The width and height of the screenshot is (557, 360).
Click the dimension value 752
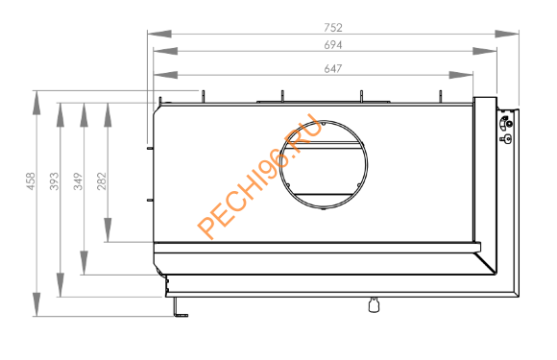333,27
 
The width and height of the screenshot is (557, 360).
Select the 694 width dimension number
333,45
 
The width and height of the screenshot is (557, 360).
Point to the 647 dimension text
333,68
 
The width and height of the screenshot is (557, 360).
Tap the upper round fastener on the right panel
508,123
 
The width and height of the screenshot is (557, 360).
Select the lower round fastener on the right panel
508,139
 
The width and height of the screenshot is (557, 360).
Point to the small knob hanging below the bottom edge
374,305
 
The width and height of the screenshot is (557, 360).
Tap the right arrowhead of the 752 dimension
514,34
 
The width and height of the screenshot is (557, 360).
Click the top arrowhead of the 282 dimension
109,108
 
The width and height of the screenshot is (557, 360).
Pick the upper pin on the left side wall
150,147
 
